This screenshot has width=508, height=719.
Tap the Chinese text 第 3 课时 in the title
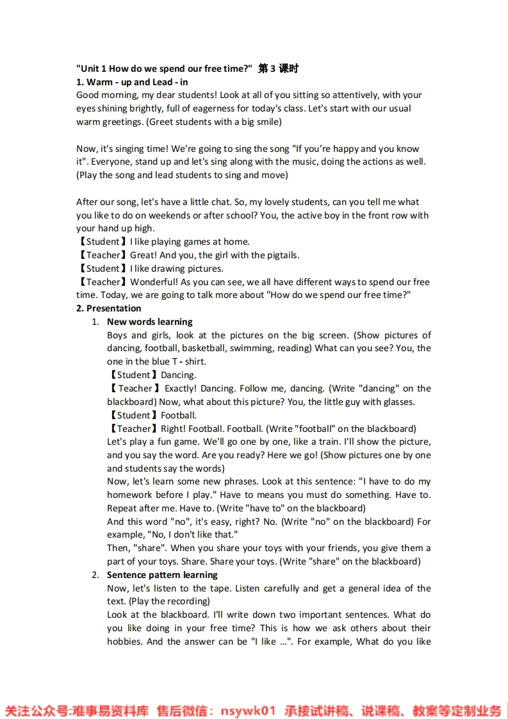[279, 69]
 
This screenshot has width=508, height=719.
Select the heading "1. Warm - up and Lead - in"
[132, 82]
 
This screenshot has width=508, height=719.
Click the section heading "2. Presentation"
[108, 308]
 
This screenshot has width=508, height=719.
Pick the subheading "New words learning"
[149, 322]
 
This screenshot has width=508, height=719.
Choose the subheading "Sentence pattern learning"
[162, 575]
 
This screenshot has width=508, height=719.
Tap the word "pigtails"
[281, 255]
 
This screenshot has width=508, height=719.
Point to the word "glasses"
[396, 402]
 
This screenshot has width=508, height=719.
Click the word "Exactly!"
[180, 388]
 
